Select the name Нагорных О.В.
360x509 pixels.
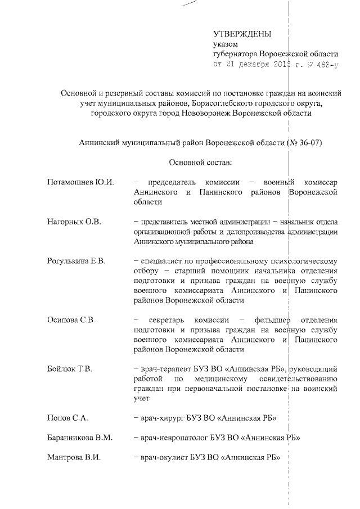pyautogui.click(x=74, y=222)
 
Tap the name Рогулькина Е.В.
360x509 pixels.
pyautogui.click(x=76, y=262)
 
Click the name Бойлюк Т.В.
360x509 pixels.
pyautogui.click(x=70, y=369)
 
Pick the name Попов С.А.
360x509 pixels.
pyautogui.click(x=68, y=418)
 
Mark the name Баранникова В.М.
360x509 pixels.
pyautogui.click(x=80, y=437)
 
